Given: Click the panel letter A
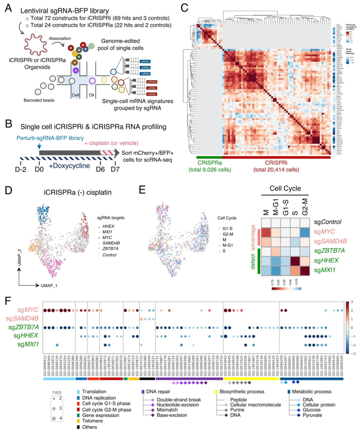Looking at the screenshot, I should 8,8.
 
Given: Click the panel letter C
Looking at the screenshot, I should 184,8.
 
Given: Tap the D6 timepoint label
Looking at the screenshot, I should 100,169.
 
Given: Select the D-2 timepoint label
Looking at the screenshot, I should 20,169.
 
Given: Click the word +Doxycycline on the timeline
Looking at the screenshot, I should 69,166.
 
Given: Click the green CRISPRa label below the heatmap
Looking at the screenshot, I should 210,163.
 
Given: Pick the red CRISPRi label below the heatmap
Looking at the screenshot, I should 276,163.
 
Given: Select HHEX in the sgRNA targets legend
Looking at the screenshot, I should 108,226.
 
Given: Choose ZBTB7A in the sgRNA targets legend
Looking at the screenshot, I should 110,249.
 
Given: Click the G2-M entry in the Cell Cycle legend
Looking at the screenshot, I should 228,234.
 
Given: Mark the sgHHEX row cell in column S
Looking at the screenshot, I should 295,261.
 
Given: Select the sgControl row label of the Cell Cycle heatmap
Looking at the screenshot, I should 328,222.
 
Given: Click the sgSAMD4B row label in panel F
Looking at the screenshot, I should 22,319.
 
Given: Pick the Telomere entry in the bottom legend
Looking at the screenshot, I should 92,421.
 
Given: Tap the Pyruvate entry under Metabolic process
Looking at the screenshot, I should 312,415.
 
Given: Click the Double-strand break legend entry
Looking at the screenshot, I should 179,400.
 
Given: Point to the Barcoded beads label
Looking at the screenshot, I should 39,100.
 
